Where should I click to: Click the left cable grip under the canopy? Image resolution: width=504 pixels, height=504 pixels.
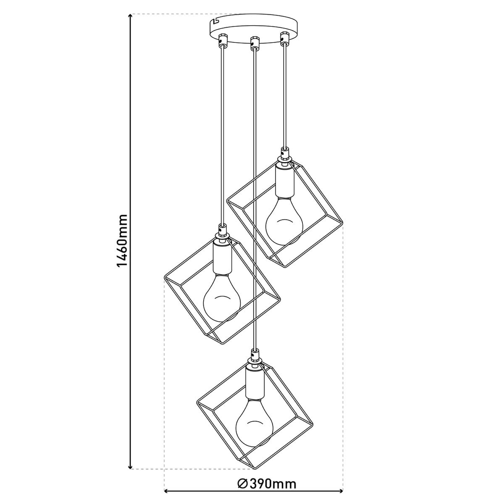222,41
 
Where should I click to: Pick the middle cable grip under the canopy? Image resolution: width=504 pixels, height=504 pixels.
254,42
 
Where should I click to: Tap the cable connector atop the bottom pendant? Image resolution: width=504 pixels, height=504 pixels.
254,356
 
